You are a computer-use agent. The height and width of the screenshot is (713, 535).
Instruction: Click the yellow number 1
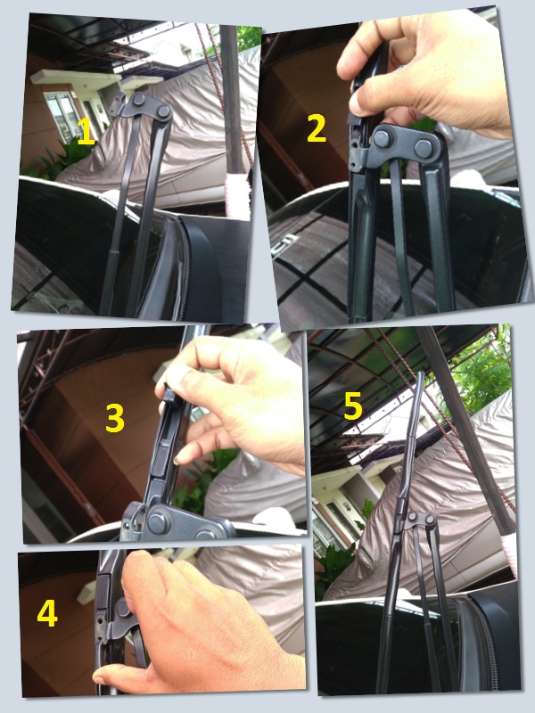click(85, 134)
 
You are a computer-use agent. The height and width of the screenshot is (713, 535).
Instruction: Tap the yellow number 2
click(316, 130)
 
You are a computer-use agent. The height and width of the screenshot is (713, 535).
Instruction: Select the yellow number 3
click(114, 418)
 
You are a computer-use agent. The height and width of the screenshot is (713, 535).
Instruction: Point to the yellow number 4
click(46, 614)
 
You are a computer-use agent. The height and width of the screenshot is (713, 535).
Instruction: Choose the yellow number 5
click(353, 406)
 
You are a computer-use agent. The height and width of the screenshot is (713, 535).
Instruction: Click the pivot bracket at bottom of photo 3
click(165, 521)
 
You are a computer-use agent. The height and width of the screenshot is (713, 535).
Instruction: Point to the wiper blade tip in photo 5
click(418, 379)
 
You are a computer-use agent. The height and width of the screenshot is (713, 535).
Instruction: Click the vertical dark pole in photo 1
click(235, 98)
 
